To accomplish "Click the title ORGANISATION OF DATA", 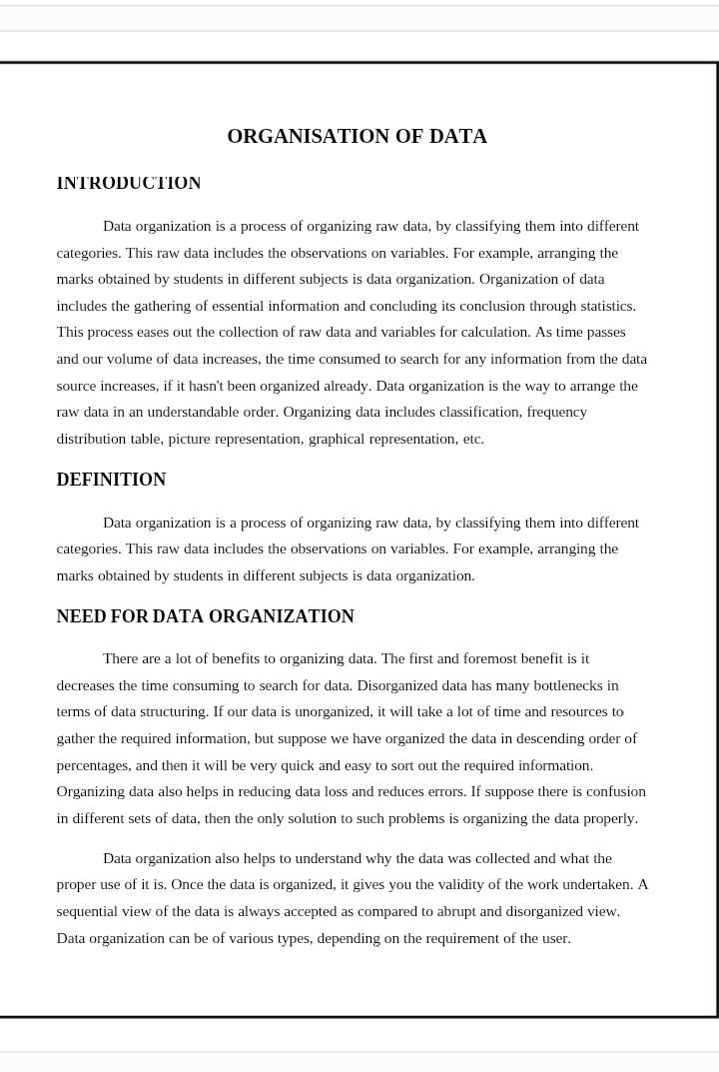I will point(357,137).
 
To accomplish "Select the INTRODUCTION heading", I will point(129,183).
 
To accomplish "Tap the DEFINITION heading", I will point(111,480).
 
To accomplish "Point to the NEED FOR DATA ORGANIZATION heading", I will point(205,616).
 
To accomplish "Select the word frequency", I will point(556,412).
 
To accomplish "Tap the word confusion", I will point(609,791).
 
